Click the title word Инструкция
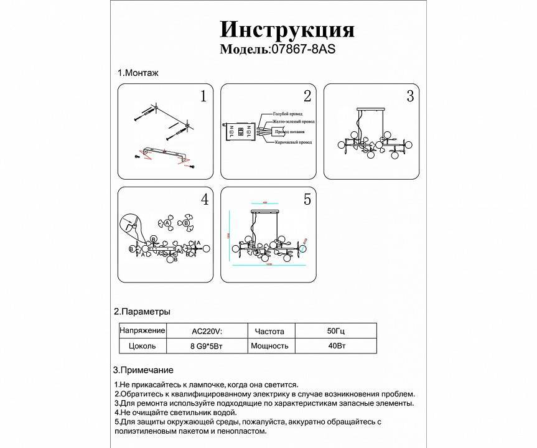[x=287, y=29]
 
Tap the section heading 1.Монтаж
[x=138, y=73]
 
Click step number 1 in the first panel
[x=202, y=96]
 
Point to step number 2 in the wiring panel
[x=307, y=96]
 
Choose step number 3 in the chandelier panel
[x=409, y=96]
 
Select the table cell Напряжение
[x=142, y=330]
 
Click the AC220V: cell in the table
[x=205, y=331]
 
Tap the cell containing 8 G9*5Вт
[x=206, y=346]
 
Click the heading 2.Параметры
[x=142, y=311]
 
